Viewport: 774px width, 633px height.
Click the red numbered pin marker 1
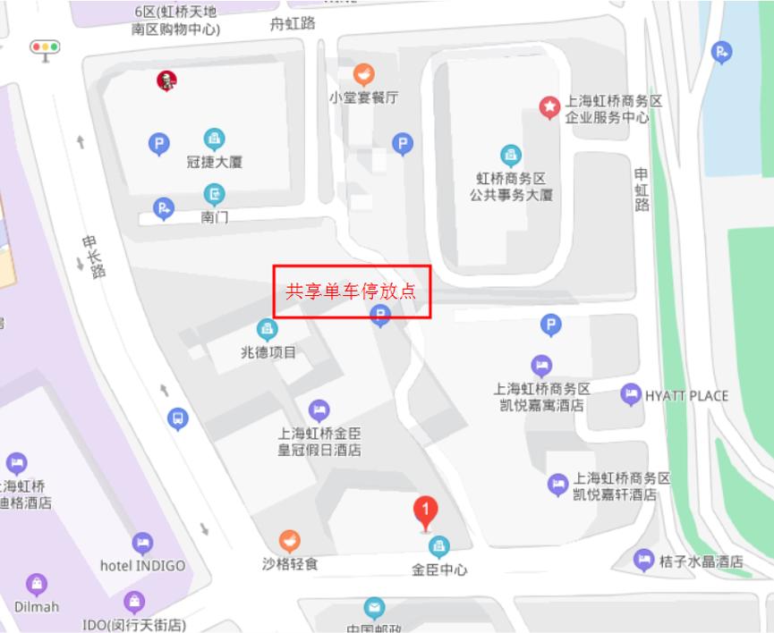pyautogui.click(x=426, y=511)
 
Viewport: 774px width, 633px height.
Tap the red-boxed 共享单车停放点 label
pyautogui.click(x=352, y=291)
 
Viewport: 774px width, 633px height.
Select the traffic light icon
pyautogui.click(x=44, y=47)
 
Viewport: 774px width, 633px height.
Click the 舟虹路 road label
pyautogui.click(x=293, y=24)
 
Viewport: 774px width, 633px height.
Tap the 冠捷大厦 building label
pyautogui.click(x=215, y=162)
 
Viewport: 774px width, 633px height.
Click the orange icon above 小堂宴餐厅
pyautogui.click(x=363, y=74)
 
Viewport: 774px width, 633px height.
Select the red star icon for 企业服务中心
pyautogui.click(x=549, y=107)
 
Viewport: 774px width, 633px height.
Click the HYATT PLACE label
pyautogui.click(x=686, y=396)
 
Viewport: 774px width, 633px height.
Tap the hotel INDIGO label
pyautogui.click(x=142, y=566)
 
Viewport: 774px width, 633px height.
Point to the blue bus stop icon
pyautogui.click(x=178, y=418)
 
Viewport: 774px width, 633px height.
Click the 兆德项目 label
pyautogui.click(x=267, y=352)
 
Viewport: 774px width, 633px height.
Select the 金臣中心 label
pyautogui.click(x=439, y=570)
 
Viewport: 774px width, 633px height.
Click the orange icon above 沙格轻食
pyautogui.click(x=289, y=541)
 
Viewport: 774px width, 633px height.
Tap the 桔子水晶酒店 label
pyautogui.click(x=701, y=561)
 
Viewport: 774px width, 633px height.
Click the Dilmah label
pyautogui.click(x=37, y=606)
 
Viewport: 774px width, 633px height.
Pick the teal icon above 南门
pyautogui.click(x=215, y=193)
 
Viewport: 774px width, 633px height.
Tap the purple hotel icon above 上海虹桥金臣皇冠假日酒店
pyautogui.click(x=319, y=410)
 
